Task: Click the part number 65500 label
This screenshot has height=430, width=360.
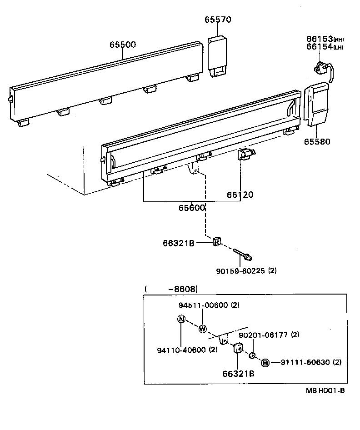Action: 122,45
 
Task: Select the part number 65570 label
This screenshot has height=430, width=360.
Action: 218,20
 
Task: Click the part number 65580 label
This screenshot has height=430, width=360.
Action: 317,141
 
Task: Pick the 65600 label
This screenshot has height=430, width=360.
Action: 191,207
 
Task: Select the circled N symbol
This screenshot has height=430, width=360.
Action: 181,319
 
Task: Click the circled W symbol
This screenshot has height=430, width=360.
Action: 203,329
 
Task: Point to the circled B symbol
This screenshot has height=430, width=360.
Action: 265,362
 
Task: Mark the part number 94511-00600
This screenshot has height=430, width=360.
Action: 203,305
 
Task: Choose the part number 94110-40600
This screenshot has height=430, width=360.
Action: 180,350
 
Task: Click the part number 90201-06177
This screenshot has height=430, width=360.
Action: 263,335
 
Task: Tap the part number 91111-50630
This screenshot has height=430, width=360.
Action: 305,362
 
